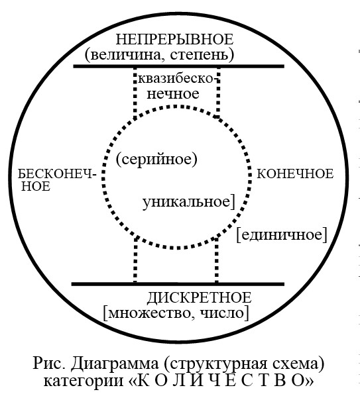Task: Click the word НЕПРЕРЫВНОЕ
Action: click(x=174, y=40)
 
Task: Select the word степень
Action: click(x=198, y=55)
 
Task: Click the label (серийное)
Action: click(x=156, y=160)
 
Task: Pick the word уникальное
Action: click(x=186, y=202)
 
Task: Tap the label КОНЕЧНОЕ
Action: click(x=295, y=174)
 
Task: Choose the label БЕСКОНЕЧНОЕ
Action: click(x=56, y=180)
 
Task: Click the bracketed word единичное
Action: click(x=282, y=234)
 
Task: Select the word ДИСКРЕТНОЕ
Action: click(x=199, y=298)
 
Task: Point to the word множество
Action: click(x=150, y=313)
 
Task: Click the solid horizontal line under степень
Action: click(x=179, y=66)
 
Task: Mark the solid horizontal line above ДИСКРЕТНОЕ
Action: click(x=178, y=284)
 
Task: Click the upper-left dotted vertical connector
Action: click(x=135, y=93)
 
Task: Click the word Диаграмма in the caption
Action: click(x=115, y=364)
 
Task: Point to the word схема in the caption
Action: click(x=296, y=364)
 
